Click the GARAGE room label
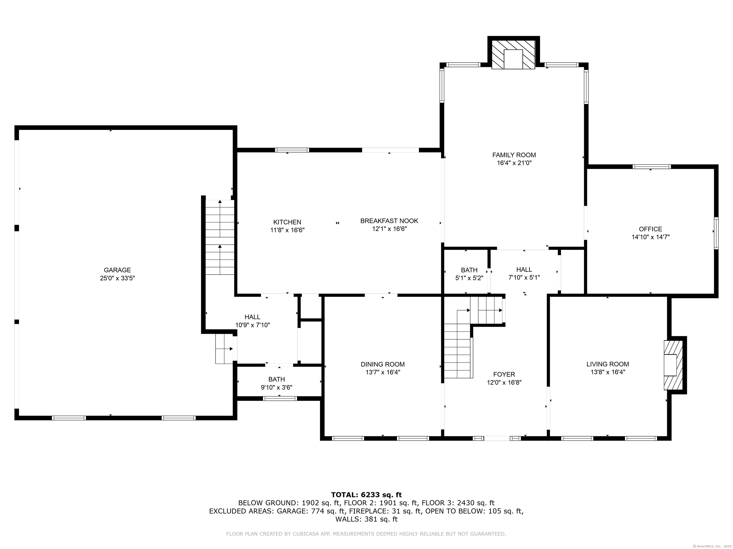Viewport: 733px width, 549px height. pos(117,270)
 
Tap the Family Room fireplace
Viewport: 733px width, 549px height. pos(513,55)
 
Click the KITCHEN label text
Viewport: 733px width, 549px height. pos(287,222)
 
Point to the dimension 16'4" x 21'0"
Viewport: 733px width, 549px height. pos(514,163)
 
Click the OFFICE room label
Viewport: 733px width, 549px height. pos(650,229)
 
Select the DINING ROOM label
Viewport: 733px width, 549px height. pos(382,364)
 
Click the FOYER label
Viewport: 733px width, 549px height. pos(504,374)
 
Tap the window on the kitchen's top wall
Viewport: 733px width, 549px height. pos(292,150)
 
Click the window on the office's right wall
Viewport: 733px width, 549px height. pos(716,233)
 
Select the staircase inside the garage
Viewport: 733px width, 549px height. pos(220,237)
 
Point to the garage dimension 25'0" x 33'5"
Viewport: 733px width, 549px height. pos(117,278)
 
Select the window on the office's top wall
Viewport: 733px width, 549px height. pos(651,167)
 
